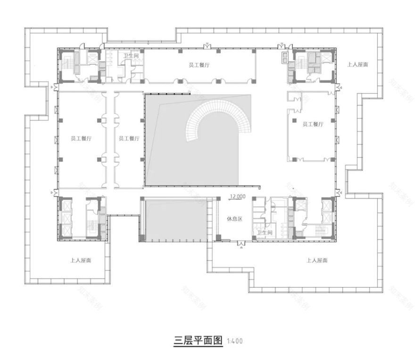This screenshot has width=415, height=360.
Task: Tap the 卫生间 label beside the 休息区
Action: [x=264, y=233]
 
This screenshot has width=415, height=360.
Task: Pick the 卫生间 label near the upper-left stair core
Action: [x=131, y=56]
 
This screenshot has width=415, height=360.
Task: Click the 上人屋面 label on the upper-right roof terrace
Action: [x=357, y=64]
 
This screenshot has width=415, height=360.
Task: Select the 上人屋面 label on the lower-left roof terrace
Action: [x=81, y=260]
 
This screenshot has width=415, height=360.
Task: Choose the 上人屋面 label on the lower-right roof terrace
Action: [x=317, y=260]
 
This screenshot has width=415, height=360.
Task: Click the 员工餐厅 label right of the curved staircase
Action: [x=312, y=124]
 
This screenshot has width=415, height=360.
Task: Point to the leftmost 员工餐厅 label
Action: [x=81, y=138]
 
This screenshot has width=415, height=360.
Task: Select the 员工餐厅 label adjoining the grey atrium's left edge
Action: [x=129, y=138]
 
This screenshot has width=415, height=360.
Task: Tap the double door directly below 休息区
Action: [x=241, y=243]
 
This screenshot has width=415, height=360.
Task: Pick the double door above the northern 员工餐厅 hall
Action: [x=207, y=46]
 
